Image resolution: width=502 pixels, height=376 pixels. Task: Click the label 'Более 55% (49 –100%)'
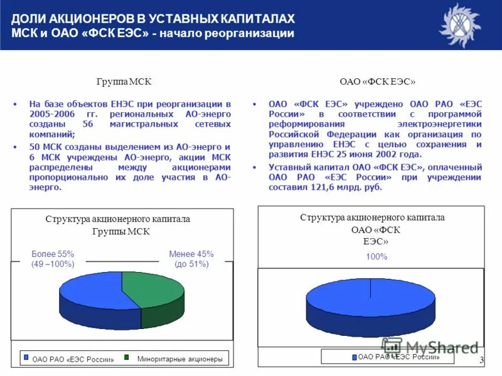[x=53, y=259]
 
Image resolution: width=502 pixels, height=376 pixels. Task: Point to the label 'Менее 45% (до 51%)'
[x=191, y=259]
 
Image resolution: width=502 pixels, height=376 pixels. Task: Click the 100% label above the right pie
[x=376, y=257]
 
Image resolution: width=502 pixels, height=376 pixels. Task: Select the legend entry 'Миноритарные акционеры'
[x=179, y=359]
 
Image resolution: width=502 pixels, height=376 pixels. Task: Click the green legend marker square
[x=126, y=357]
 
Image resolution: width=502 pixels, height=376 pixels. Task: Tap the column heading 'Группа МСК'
[x=124, y=82]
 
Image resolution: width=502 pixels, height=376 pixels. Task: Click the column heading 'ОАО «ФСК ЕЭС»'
[x=377, y=82]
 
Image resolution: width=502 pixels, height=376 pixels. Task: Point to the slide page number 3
[x=481, y=360]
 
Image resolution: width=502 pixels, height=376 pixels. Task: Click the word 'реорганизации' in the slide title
[x=254, y=33]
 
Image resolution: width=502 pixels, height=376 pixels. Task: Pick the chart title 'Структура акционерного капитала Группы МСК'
[x=117, y=225]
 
